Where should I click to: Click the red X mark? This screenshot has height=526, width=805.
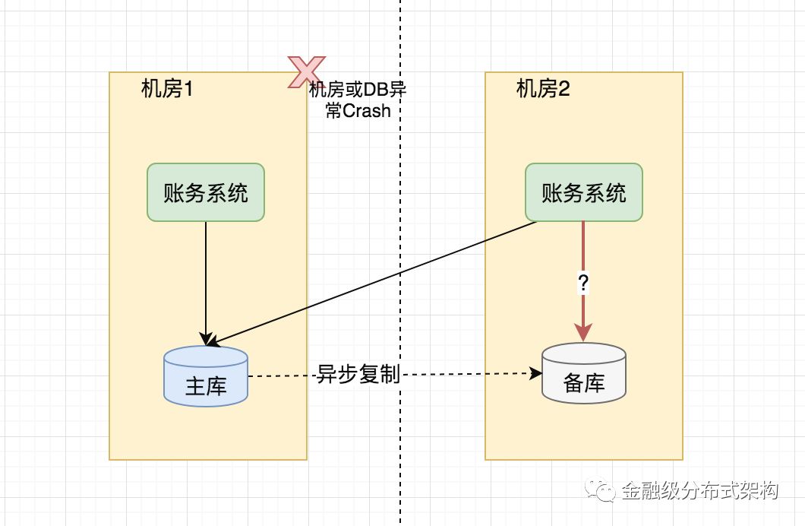(x=307, y=71)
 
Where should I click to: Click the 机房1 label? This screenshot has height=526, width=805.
(x=168, y=90)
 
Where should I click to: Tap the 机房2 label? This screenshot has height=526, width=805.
(x=543, y=90)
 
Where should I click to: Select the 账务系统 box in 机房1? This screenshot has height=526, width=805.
(x=206, y=192)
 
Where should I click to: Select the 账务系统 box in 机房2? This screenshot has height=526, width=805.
(x=584, y=192)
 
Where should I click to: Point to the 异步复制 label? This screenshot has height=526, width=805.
(x=358, y=374)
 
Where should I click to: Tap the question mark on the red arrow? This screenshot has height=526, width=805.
(x=583, y=284)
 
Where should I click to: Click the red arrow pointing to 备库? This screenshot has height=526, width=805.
(x=583, y=258)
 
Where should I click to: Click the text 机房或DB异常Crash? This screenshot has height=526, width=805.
(x=358, y=100)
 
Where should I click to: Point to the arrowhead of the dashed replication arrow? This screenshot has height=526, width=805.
(x=536, y=373)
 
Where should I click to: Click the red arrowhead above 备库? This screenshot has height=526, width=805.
(x=583, y=332)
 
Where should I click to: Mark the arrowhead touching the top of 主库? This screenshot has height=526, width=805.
(x=206, y=339)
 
